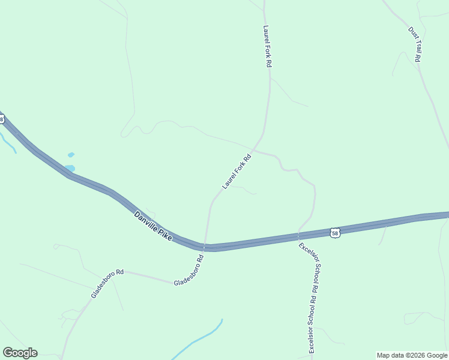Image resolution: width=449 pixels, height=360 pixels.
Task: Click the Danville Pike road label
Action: pyautogui.click(x=152, y=226)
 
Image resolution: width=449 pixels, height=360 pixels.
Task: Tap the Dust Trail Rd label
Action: pyautogui.click(x=414, y=44)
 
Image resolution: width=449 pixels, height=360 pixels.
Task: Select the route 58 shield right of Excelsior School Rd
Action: pyautogui.click(x=335, y=232)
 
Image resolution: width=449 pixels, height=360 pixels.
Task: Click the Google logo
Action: pyautogui.click(x=20, y=353)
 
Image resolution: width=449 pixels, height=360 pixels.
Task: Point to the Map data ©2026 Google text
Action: pyautogui.click(x=412, y=355)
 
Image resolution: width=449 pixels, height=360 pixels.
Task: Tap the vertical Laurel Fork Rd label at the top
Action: pyautogui.click(x=268, y=46)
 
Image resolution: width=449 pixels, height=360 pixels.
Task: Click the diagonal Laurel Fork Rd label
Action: pyautogui.click(x=236, y=170)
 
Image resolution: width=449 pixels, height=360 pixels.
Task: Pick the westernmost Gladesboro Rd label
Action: pyautogui.click(x=107, y=283)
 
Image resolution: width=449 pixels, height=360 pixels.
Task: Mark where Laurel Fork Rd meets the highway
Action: pyautogui.click(x=205, y=246)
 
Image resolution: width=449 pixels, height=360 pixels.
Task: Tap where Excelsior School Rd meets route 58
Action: pyautogui.click(x=298, y=233)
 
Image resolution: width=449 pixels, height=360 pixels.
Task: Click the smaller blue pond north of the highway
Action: pyautogui.click(x=71, y=155)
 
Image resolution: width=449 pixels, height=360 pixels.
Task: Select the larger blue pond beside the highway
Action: pyautogui.click(x=70, y=168)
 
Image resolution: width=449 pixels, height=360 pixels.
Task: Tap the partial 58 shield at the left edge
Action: pyautogui.click(x=2, y=119)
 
